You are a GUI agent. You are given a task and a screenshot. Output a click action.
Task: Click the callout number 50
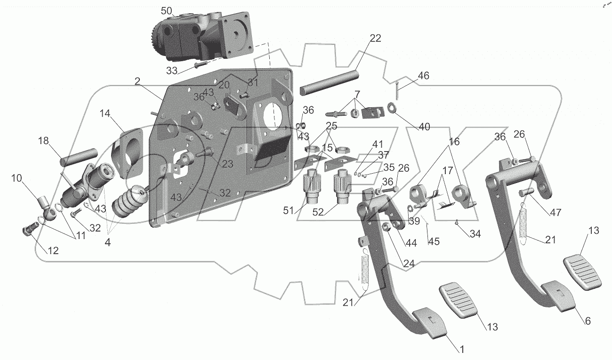click(167, 11)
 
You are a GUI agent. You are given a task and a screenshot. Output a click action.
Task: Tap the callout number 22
click(375, 39)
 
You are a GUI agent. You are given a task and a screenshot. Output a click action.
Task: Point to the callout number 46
click(423, 75)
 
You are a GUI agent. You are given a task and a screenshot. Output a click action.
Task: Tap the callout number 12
click(53, 251)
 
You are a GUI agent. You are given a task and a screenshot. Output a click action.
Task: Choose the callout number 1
click(462, 350)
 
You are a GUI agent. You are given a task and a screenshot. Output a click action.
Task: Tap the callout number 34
click(475, 233)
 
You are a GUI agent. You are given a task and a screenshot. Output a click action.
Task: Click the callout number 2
click(137, 81)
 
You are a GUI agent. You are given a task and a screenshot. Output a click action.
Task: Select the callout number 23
click(227, 164)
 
